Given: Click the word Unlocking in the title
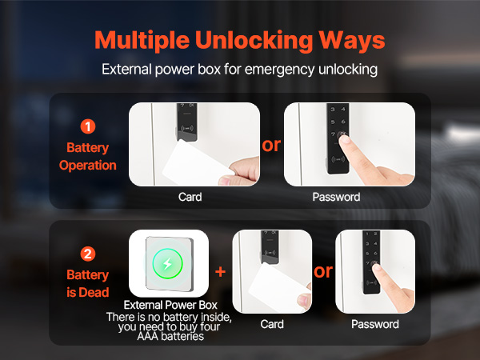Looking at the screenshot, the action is point(254,41).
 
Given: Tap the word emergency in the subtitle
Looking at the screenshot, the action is point(279,70).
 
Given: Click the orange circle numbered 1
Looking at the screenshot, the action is point(88,126).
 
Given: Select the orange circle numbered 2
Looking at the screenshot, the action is point(88,254).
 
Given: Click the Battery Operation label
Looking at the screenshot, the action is point(88,157).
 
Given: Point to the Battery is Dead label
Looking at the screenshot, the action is point(88,283).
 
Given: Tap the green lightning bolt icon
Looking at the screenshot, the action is point(167,263).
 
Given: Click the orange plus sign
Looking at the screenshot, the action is point(221,271).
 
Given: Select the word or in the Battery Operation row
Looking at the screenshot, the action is point(271,145).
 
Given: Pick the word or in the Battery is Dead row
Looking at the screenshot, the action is point(323,271).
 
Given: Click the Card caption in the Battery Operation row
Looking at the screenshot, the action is point(190,197).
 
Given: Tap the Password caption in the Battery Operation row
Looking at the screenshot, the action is point(336,197).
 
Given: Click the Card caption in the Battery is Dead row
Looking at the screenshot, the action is point(272,324).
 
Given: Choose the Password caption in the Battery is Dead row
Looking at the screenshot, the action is point(375,324).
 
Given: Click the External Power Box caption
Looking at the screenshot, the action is point(170,305).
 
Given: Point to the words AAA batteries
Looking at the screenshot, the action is point(170,337).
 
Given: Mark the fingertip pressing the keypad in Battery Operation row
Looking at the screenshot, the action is point(344,139).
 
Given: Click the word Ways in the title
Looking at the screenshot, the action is point(352,41).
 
